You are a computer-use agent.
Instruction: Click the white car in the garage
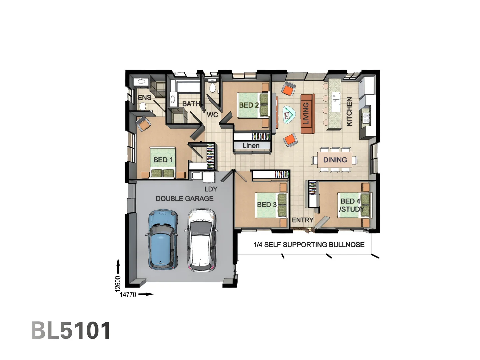201,240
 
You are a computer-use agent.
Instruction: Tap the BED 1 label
163,160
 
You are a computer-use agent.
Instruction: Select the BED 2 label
249,105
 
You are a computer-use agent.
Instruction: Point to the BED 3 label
267,205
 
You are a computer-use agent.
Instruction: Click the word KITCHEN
349,111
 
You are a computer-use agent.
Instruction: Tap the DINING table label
335,160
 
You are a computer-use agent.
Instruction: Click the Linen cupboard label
251,145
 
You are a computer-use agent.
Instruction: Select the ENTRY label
303,220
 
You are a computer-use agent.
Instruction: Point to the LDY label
211,189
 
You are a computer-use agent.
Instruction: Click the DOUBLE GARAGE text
184,198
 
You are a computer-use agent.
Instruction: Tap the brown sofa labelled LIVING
307,114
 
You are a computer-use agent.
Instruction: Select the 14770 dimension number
128,295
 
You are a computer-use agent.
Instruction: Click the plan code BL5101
71,330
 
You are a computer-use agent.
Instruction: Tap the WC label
212,115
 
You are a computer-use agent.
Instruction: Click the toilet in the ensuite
143,107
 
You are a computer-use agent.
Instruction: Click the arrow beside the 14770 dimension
146,294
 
